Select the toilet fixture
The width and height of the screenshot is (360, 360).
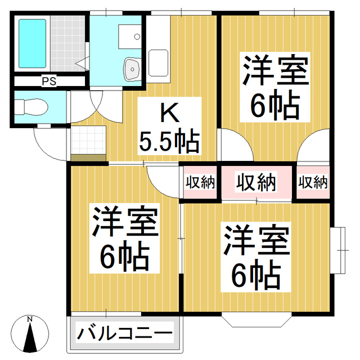point(28,107)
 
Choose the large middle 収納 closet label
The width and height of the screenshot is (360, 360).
point(256,182)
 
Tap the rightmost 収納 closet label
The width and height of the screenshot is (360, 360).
point(313,182)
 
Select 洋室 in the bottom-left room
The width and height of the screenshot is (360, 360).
point(125,223)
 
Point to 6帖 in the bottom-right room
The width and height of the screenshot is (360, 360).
point(256,274)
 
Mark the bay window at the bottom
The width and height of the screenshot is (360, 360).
point(256,319)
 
